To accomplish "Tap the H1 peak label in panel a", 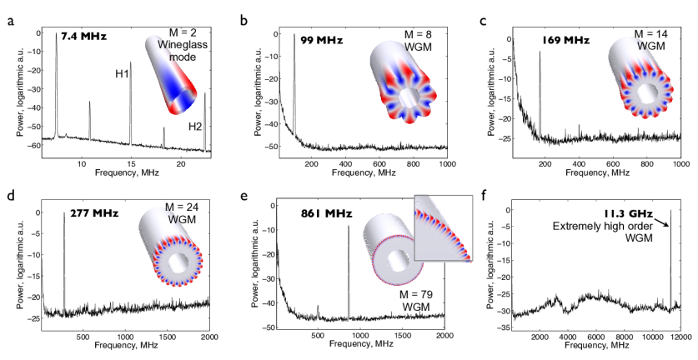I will tap(122, 75).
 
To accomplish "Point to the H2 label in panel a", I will tap(194, 126).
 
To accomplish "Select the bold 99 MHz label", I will tap(319, 39).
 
